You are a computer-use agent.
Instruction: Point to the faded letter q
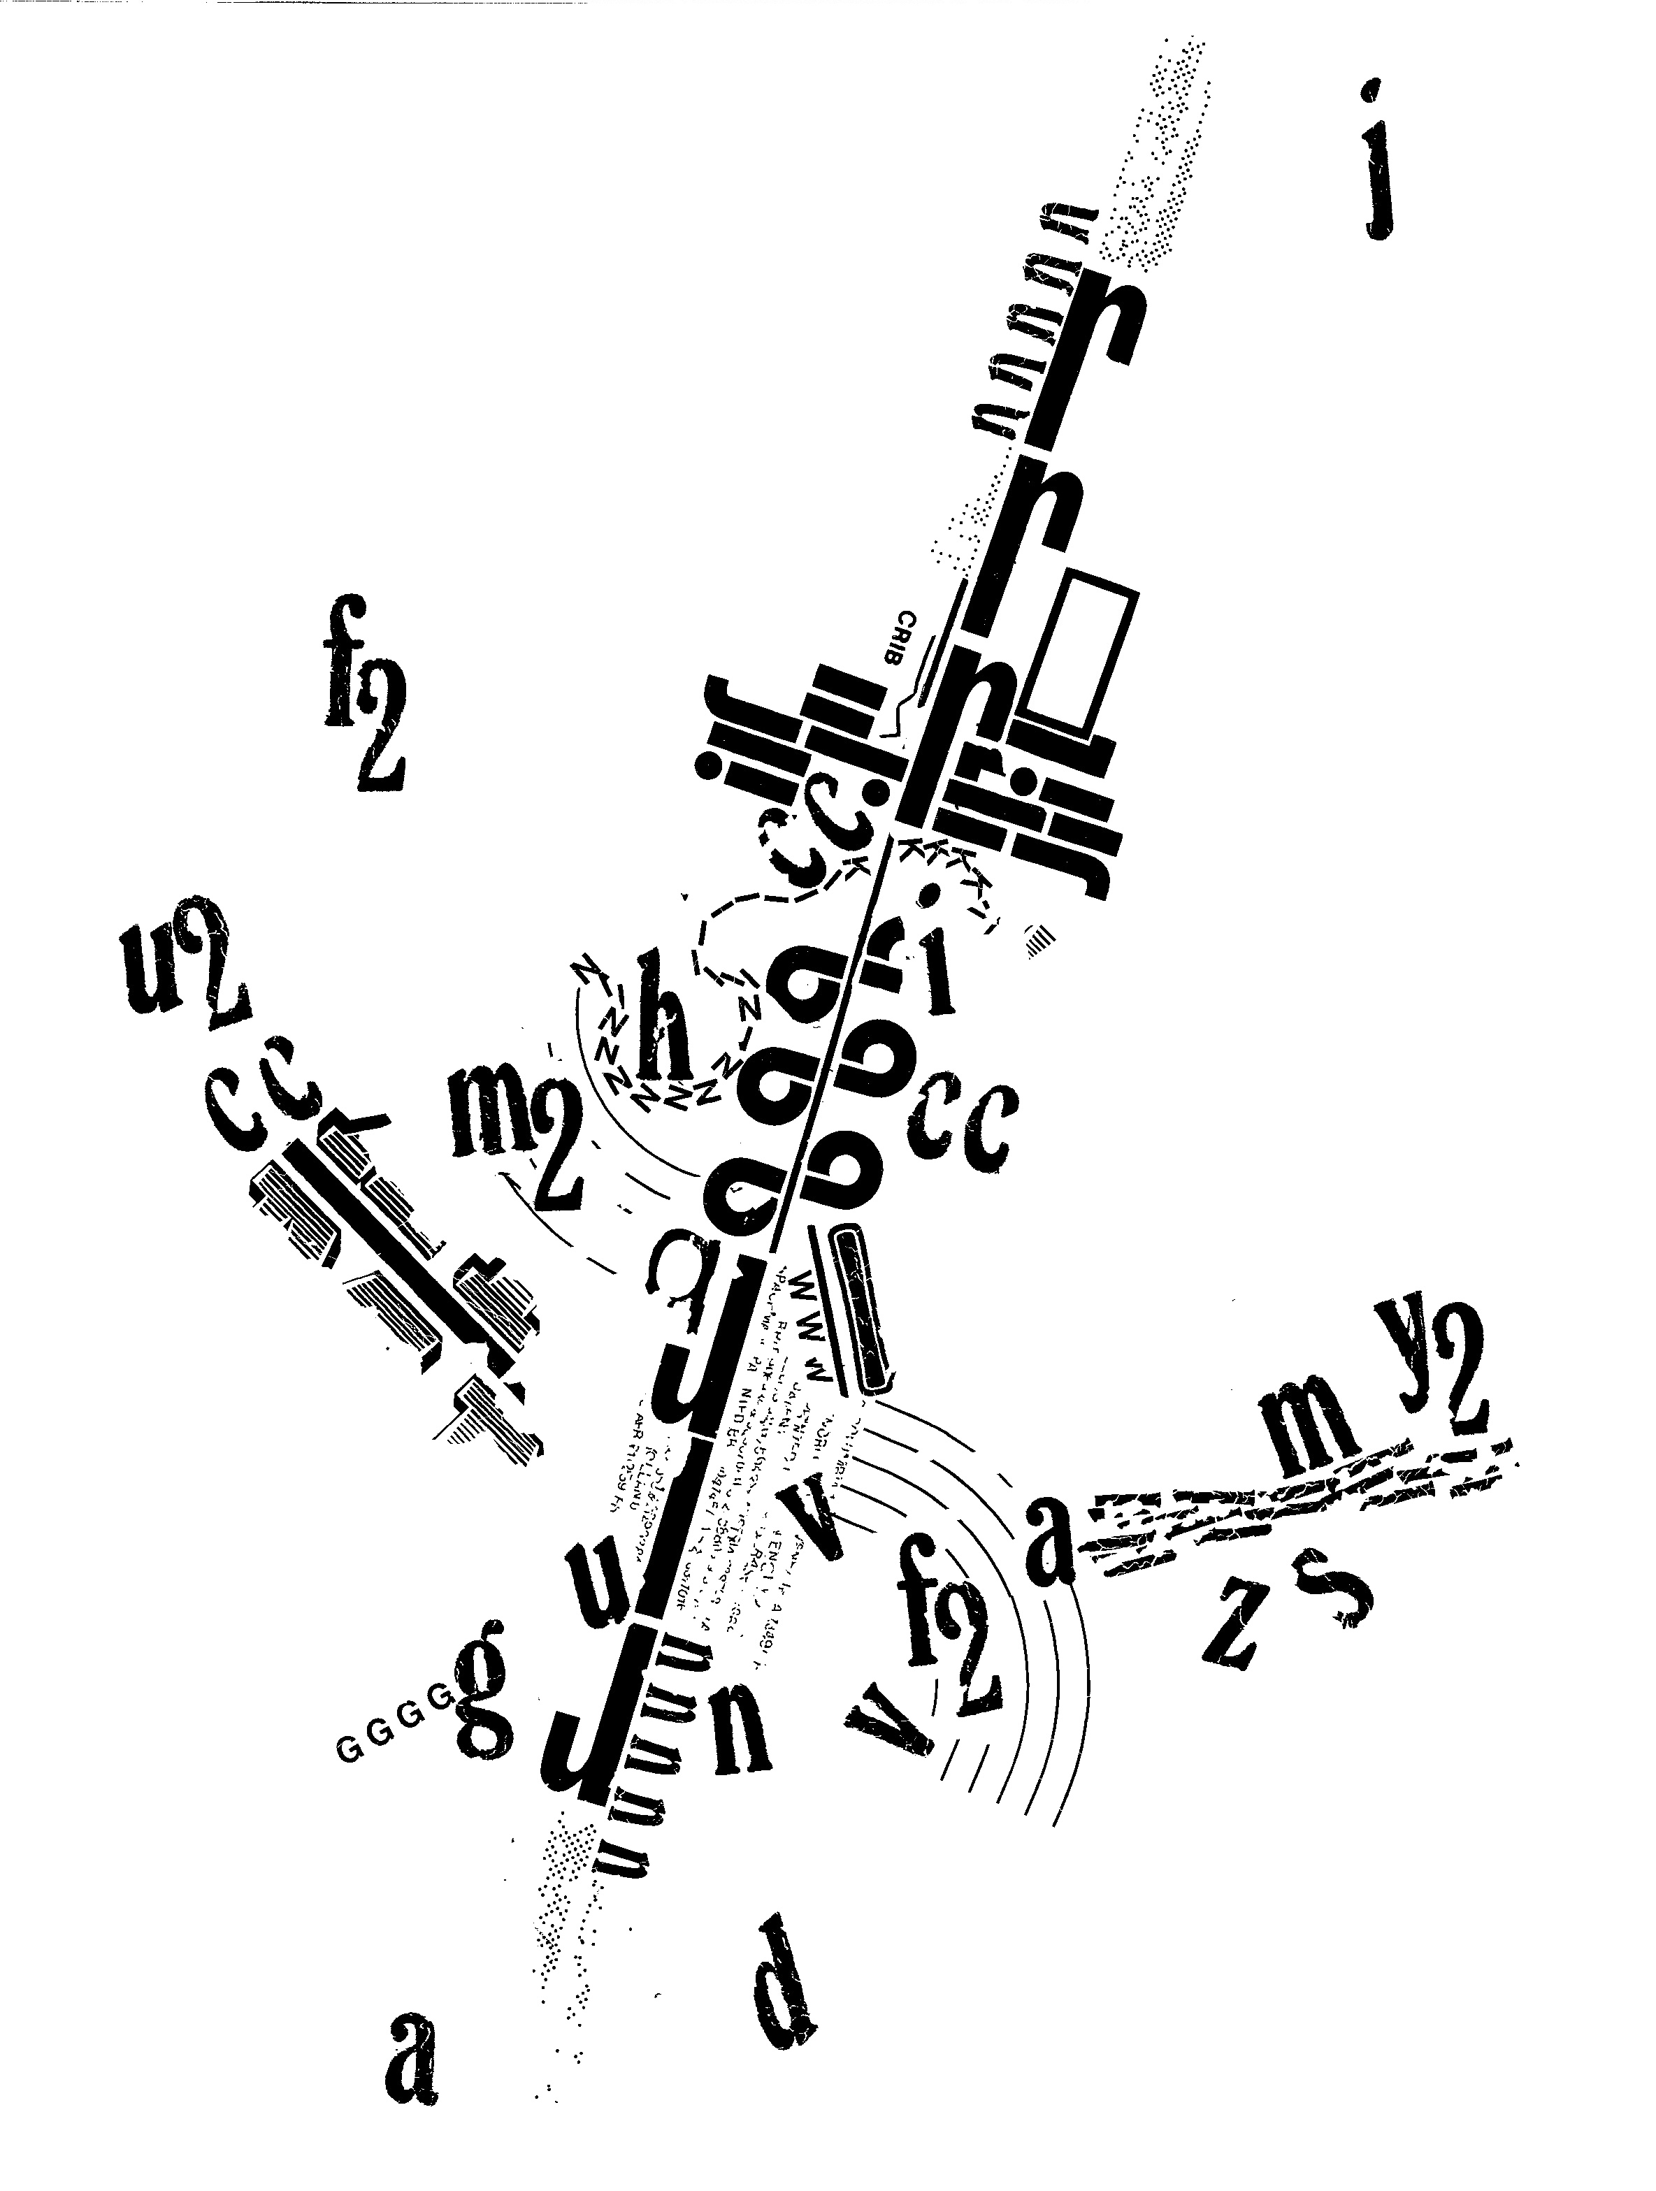point(673,1278)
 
